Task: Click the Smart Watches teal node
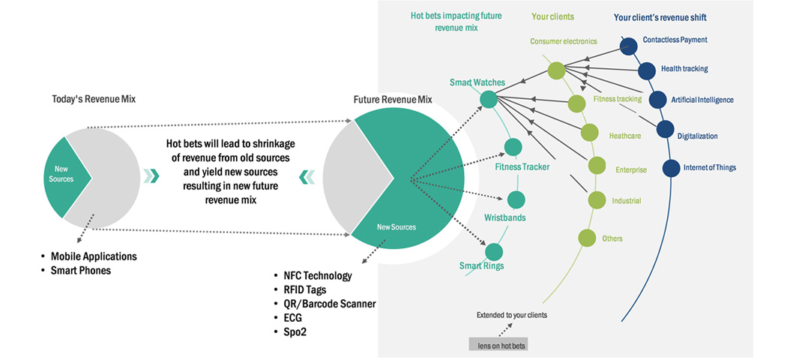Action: [x=488, y=98]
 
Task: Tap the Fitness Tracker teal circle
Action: [x=513, y=147]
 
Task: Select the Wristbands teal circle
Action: [x=516, y=199]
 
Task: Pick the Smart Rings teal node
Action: [x=494, y=251]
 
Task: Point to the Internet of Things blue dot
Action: [x=671, y=167]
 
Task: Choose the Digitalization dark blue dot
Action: [x=665, y=129]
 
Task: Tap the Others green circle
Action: [x=588, y=238]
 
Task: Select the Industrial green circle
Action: [x=597, y=199]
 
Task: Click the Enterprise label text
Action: [x=631, y=170]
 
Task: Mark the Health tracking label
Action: [x=684, y=69]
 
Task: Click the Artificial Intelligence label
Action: [x=702, y=100]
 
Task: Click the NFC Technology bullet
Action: [x=317, y=276]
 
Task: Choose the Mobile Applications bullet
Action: [x=94, y=256]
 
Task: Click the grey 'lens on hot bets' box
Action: [x=500, y=345]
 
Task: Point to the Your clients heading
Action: [x=553, y=16]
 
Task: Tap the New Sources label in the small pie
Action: [x=61, y=174]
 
